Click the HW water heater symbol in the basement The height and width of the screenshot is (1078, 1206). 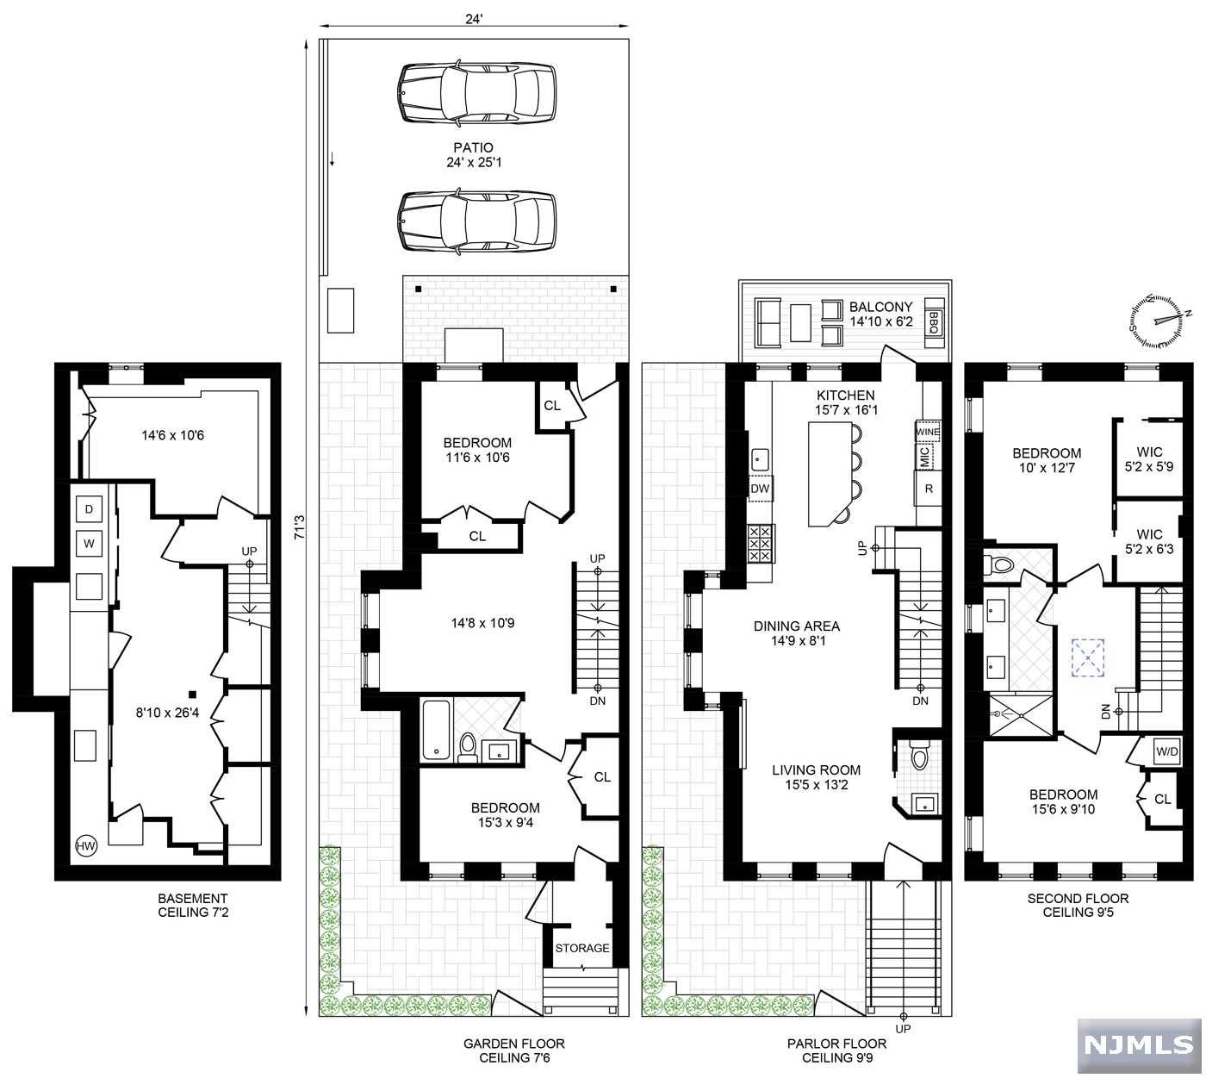coord(86,845)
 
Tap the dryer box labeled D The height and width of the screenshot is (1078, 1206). coord(89,509)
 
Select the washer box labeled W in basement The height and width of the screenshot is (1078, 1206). coord(89,544)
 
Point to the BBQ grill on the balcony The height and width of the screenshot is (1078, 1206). coord(934,321)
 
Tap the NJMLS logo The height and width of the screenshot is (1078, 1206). coord(1138,1045)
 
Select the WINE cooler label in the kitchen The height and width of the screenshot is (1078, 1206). coord(927,431)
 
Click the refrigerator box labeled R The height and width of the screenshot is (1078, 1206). coord(928,488)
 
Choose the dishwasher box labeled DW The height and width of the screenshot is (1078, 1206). coord(760,489)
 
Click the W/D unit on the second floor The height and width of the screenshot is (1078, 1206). coord(1167,751)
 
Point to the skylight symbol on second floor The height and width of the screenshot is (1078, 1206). coord(1088,656)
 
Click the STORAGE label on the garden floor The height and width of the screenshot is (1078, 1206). coord(581,948)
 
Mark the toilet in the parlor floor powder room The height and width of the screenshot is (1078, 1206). coord(918,756)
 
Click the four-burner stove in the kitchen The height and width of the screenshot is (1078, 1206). coord(761,544)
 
